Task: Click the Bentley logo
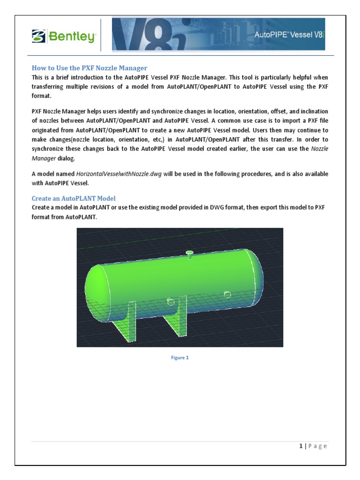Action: tap(64, 36)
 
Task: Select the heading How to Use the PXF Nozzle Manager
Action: tap(89, 68)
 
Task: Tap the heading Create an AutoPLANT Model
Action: tap(74, 198)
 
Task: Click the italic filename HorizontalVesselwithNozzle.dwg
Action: tap(119, 174)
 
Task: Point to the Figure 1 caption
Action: tap(180, 358)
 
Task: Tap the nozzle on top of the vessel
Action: tap(190, 254)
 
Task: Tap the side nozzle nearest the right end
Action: tap(227, 294)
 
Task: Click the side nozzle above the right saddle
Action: tap(171, 302)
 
